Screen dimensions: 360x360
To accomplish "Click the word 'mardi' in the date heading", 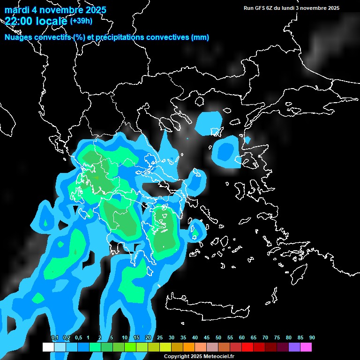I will (x=17, y=10).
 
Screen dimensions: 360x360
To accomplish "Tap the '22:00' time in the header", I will (x=18, y=20).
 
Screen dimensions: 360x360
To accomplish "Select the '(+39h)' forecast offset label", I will (x=81, y=21).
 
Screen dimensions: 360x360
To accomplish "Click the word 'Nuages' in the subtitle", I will (x=19, y=37).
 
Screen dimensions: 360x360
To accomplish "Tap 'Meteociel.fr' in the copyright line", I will (x=218, y=356).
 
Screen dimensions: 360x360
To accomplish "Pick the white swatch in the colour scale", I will (x=48, y=347).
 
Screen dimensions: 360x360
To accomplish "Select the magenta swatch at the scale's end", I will (x=306, y=347).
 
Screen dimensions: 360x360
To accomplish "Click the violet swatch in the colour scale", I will (x=294, y=347).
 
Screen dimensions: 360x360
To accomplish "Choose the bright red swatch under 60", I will (x=247, y=347).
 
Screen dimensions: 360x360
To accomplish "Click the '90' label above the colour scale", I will (x=312, y=338).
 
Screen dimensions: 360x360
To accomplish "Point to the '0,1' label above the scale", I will (x=54, y=338).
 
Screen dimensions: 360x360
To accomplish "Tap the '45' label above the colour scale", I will (x=206, y=338).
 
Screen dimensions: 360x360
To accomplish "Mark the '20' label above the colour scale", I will (x=148, y=338).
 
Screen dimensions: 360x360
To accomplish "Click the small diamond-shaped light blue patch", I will (x=247, y=140).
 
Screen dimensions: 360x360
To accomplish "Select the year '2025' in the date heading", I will (x=93, y=10).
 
